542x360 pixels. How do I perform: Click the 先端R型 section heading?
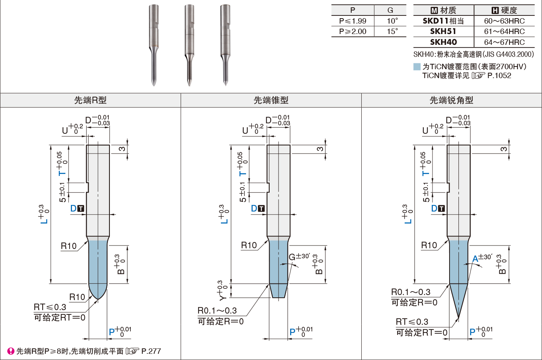pos(90,101)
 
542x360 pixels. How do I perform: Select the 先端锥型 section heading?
pos(271,101)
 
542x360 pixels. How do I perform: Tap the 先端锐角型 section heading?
pos(451,101)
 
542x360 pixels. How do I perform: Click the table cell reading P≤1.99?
pos(352,21)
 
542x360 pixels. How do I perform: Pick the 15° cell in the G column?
pos(392,31)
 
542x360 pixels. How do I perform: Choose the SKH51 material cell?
pos(443,31)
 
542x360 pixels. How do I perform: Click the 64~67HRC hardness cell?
pos(504,42)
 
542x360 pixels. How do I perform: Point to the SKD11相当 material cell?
pos(443,21)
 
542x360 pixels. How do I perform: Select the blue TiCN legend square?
pos(417,67)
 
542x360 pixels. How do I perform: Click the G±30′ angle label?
pos(299,257)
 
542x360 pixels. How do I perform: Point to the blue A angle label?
pos(475,259)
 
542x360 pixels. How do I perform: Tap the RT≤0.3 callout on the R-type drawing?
pos(50,307)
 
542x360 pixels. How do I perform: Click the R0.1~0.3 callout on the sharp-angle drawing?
pos(410,292)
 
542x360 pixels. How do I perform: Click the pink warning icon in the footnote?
pos(11,351)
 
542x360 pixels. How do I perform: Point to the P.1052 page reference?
pos(499,76)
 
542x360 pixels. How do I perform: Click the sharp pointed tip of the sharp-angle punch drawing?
pos(459,318)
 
